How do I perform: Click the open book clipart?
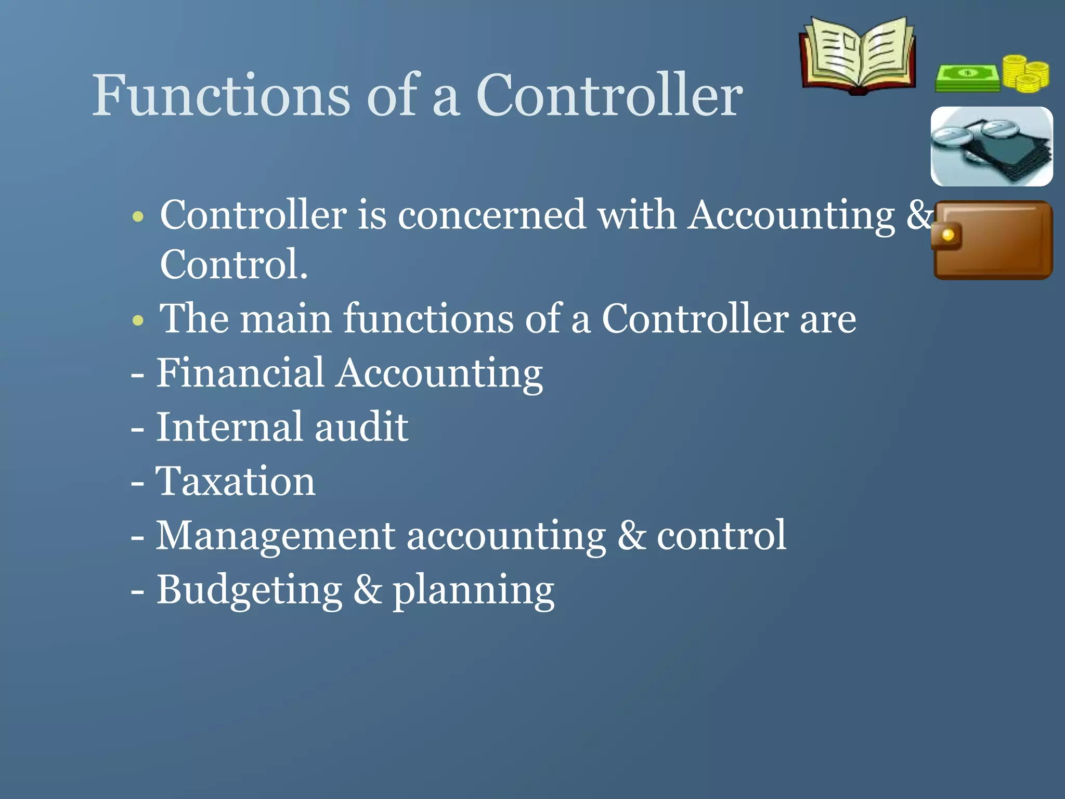(858, 56)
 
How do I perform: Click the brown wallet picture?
(993, 240)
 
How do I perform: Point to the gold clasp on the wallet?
(947, 236)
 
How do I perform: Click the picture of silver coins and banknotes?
(991, 146)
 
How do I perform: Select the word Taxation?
(236, 481)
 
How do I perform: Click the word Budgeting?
(250, 590)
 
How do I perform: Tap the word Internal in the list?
(229, 427)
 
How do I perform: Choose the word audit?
(361, 427)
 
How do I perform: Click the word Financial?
(240, 373)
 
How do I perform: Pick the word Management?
(276, 535)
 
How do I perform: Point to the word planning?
(473, 591)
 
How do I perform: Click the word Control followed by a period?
(233, 264)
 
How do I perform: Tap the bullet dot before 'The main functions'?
(138, 319)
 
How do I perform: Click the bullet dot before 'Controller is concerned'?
(138, 216)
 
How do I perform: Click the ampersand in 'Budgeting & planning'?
(367, 590)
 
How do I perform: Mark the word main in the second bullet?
(285, 319)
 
